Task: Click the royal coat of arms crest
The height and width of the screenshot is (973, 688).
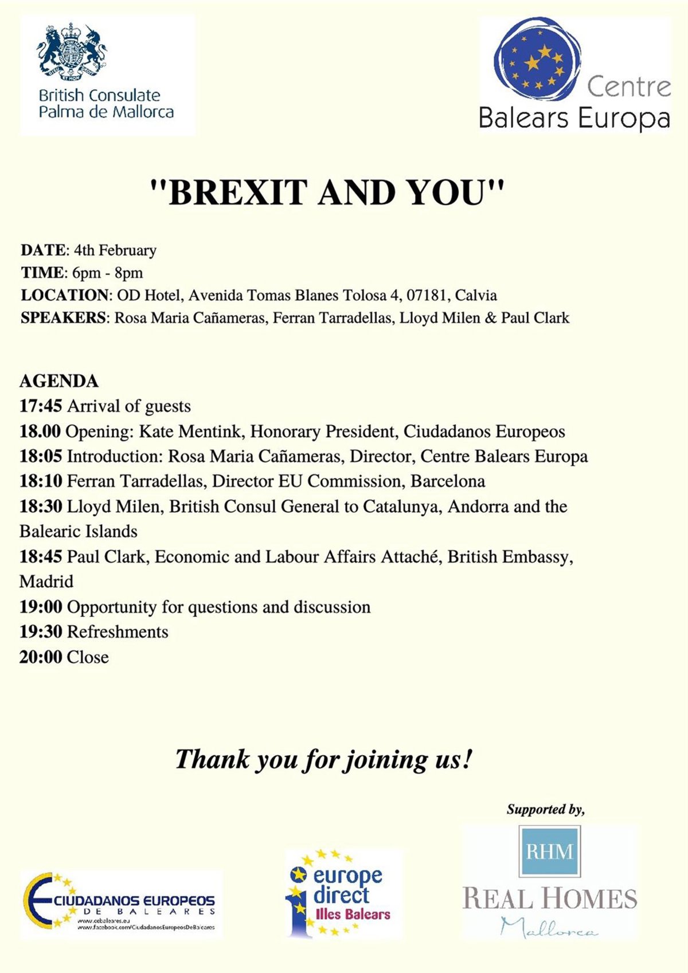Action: [x=72, y=52]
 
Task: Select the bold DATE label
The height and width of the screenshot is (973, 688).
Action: [x=43, y=250]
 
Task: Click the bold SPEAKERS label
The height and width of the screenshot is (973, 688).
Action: [x=63, y=318]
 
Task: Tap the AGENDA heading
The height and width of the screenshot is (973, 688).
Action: [x=59, y=381]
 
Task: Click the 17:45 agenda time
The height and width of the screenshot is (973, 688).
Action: [x=41, y=406]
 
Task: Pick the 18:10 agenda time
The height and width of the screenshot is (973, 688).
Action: [x=41, y=481]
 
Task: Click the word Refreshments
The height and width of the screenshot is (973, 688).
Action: [x=118, y=632]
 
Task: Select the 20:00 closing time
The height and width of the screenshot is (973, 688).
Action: [x=41, y=657]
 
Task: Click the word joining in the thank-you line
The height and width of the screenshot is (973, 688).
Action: [x=385, y=760]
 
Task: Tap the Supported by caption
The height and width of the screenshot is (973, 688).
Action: [x=545, y=810]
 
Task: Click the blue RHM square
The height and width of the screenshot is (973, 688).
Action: [x=549, y=852]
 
